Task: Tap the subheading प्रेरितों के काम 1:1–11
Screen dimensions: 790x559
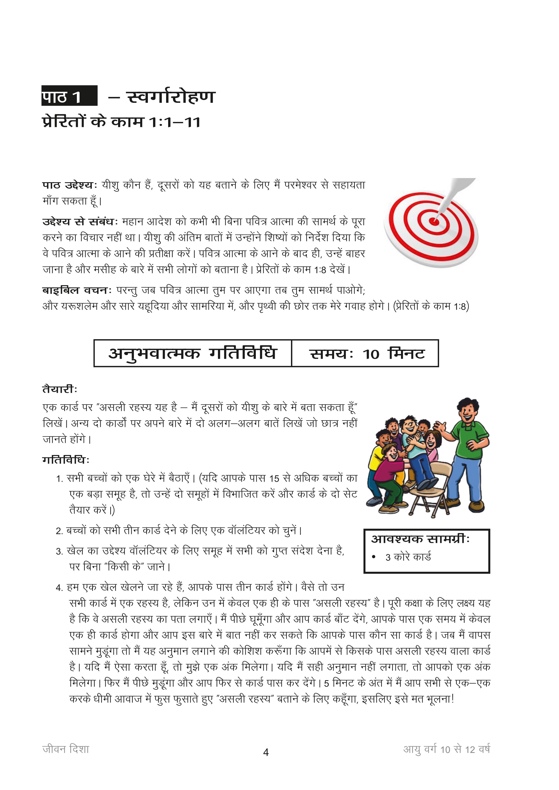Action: [121, 122]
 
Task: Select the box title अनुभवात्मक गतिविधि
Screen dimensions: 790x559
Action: [192, 353]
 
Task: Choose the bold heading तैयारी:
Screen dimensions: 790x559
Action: [60, 389]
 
